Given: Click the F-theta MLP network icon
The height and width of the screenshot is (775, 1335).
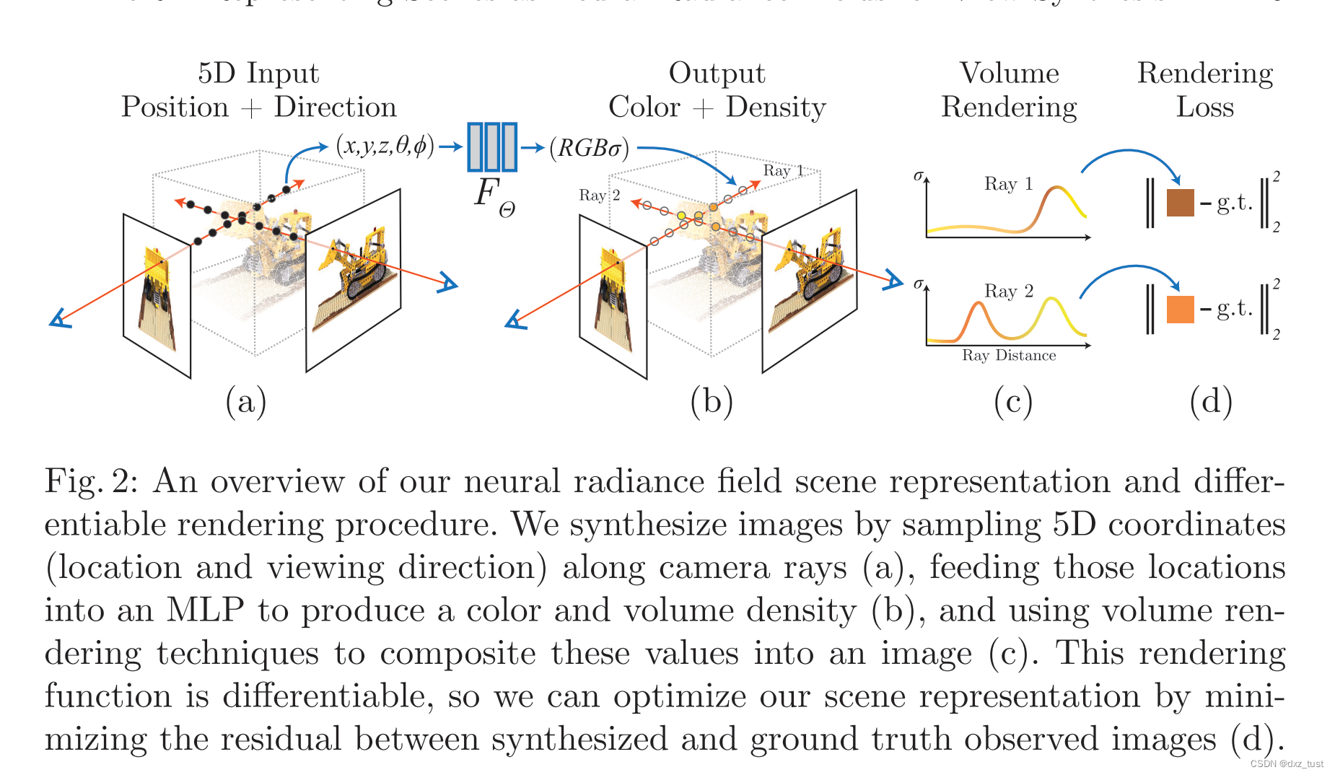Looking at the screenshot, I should pyautogui.click(x=491, y=147).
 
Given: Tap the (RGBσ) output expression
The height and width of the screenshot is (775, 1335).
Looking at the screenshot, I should pyautogui.click(x=589, y=148).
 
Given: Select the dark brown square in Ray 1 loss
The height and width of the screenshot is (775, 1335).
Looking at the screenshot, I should pyautogui.click(x=1180, y=203).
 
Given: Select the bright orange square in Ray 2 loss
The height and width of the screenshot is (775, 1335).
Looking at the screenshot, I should pyautogui.click(x=1180, y=309).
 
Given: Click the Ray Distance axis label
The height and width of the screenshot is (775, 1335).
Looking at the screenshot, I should pyautogui.click(x=1008, y=355).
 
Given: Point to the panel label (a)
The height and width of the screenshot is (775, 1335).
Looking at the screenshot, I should pyautogui.click(x=246, y=401).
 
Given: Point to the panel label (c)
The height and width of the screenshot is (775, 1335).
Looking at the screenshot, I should pyautogui.click(x=1012, y=401).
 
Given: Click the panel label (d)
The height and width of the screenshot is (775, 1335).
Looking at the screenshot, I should pyautogui.click(x=1210, y=401).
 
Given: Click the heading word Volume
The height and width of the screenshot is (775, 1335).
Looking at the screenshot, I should pyautogui.click(x=1009, y=73).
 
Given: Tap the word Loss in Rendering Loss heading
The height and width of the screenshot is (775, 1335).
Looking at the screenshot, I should pyautogui.click(x=1204, y=107).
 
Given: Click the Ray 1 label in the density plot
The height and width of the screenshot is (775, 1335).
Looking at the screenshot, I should pyautogui.click(x=1007, y=184).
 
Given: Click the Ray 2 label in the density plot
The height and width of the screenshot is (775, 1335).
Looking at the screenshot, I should pyautogui.click(x=1008, y=291).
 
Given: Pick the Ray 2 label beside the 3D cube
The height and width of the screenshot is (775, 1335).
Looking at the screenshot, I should pyautogui.click(x=599, y=195).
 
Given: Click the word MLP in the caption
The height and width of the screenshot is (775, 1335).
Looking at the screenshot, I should pyautogui.click(x=205, y=610).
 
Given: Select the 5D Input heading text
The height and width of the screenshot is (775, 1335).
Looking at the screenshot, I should pyautogui.click(x=258, y=73).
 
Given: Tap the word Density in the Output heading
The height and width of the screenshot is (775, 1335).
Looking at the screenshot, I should pyautogui.click(x=775, y=107).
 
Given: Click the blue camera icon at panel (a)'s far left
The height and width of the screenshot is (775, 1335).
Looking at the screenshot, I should pyautogui.click(x=60, y=318).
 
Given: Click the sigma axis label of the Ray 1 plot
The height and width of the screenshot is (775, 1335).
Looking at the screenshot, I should pyautogui.click(x=918, y=175).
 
